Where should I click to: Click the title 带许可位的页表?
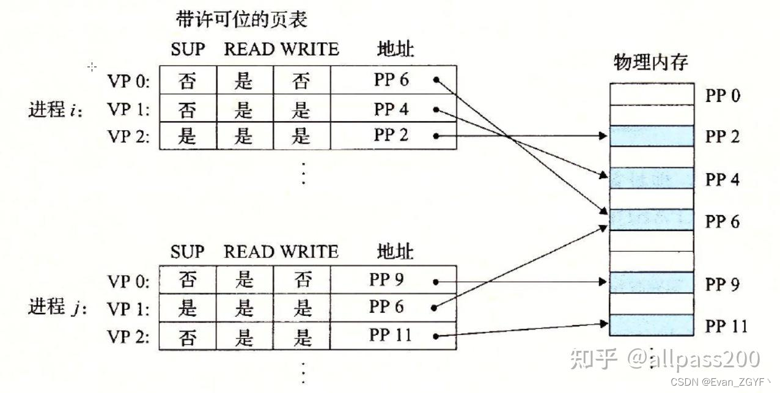241,20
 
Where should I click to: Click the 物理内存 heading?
651,62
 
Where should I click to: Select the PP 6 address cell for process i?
392,80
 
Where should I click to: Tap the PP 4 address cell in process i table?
392,109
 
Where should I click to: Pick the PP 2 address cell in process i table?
392,136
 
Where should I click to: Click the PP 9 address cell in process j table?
388,280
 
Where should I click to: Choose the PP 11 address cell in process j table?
391,336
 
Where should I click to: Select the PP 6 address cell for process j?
388,307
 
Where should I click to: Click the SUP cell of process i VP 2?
187,136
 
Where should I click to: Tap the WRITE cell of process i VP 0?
301,80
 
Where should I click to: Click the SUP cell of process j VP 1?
187,307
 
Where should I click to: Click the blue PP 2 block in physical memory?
652,136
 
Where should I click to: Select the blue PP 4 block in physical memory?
652,178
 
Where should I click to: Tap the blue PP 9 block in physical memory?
652,282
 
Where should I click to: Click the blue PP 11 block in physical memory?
652,325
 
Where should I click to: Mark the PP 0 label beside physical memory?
723,96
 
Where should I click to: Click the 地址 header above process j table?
395,251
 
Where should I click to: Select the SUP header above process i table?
188,49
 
